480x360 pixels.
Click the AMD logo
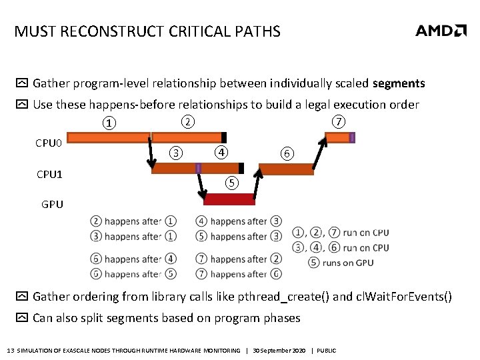coord(441,31)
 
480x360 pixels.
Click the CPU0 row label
coord(48,143)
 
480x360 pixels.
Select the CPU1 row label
coord(50,175)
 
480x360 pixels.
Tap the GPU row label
coord(52,205)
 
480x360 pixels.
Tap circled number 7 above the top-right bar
coord(339,121)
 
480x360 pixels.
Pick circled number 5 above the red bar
coord(231,182)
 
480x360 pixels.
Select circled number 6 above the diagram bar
coord(285,153)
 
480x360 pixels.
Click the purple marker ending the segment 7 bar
coord(352,137)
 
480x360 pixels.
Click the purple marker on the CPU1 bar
coord(198,169)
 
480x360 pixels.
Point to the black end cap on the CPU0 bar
coord(223,137)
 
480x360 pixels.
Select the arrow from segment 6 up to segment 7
coord(320,153)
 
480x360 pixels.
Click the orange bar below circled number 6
coord(286,169)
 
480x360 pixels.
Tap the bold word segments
coord(399,83)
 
